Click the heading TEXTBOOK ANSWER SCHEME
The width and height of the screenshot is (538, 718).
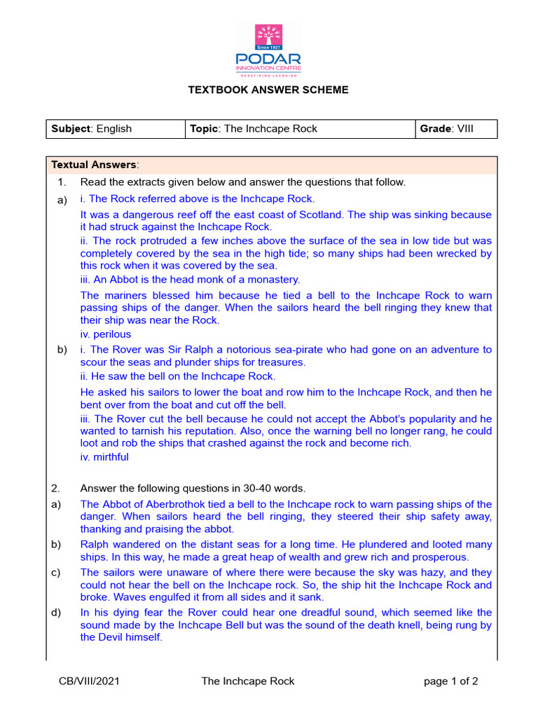click(268, 90)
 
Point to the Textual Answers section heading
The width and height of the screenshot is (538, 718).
click(95, 165)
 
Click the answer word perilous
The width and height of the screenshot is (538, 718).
click(111, 334)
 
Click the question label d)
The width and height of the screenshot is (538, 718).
click(55, 613)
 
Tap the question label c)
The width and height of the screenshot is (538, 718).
click(55, 572)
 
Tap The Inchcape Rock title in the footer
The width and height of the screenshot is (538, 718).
click(248, 681)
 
